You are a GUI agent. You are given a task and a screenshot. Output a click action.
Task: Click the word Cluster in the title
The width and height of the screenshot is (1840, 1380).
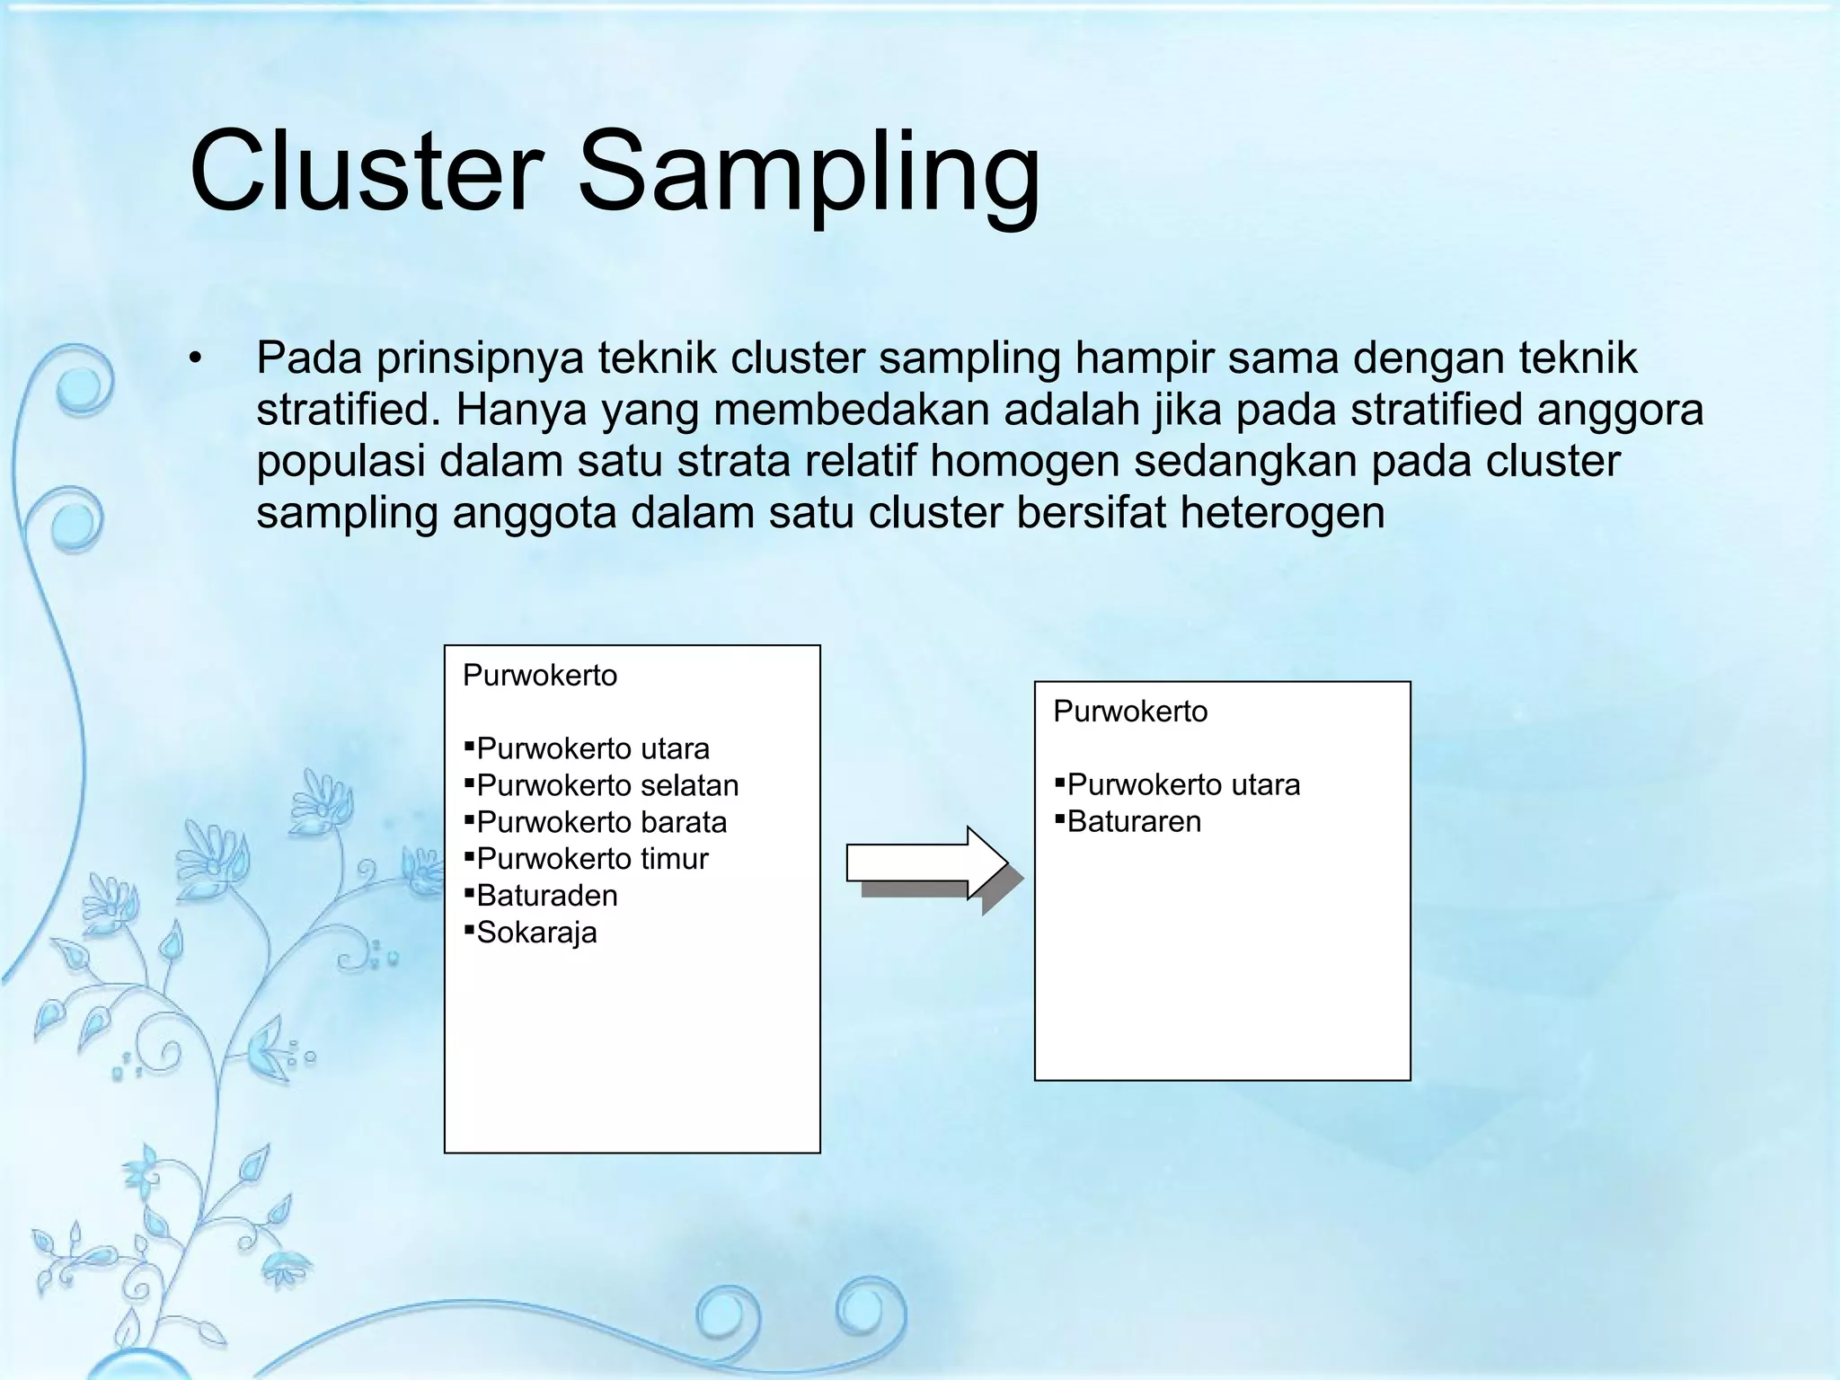tap(367, 171)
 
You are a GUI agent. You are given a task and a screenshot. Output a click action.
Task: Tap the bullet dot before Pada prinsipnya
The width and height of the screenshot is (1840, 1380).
tap(195, 359)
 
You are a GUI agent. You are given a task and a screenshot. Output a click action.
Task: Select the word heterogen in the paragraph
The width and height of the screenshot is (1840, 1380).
tap(1282, 513)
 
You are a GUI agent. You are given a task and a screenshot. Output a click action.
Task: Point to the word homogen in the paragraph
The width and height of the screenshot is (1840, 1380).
tap(1024, 462)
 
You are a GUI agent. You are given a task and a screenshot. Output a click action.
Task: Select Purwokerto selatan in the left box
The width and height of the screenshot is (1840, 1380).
tap(607, 786)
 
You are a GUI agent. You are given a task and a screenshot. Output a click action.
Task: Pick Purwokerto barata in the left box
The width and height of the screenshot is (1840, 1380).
tap(602, 823)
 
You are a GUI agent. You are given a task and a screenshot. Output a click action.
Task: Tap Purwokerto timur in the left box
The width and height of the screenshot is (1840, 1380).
tap(593, 860)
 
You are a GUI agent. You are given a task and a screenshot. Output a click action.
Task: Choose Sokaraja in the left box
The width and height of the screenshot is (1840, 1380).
tap(536, 933)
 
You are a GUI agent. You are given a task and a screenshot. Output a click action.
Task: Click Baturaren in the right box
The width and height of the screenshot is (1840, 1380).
tap(1134, 822)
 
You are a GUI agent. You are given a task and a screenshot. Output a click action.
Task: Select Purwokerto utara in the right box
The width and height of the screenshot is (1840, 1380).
tap(1183, 785)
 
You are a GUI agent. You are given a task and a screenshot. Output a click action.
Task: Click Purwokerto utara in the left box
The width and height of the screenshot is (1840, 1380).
tap(593, 749)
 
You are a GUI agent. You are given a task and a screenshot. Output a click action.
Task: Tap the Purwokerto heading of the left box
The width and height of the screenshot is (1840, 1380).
tap(540, 676)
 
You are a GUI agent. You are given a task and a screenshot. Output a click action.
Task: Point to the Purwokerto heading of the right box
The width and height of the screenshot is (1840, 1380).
tap(1130, 712)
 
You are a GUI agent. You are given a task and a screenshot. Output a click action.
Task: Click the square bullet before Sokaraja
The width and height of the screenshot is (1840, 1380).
tap(469, 929)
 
